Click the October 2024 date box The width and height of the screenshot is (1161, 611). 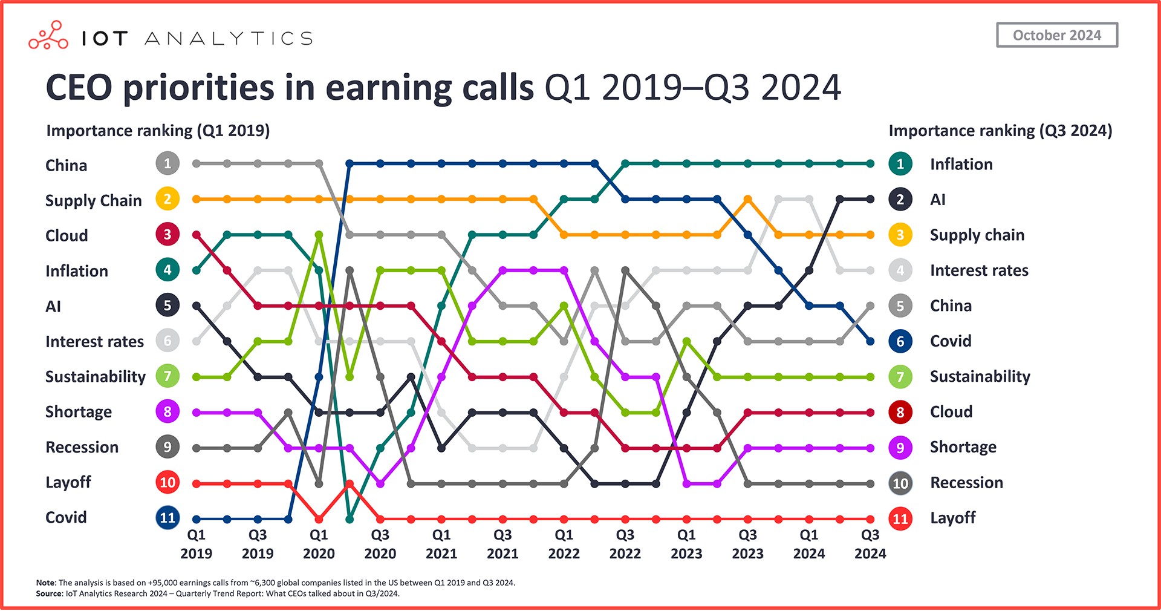coord(1056,35)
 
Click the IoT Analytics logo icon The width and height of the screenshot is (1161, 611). coord(48,36)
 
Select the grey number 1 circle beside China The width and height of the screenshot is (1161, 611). coord(167,163)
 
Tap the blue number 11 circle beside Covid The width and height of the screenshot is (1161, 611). coord(167,518)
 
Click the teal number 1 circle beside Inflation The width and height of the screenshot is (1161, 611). coord(900,164)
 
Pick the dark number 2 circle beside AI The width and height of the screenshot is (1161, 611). coord(900,199)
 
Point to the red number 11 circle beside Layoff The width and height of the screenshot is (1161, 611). coord(900,518)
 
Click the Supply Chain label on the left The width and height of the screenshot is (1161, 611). coord(93,200)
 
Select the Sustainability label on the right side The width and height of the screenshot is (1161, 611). coord(980,376)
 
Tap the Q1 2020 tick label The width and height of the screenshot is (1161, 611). coord(319,544)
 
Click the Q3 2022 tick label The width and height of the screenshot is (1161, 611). coord(625,544)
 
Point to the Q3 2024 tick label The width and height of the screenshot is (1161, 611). coord(870,544)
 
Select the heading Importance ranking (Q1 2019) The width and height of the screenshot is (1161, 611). coord(158,131)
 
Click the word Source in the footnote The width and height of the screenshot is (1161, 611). coord(49,593)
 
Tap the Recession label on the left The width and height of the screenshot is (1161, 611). coord(82,447)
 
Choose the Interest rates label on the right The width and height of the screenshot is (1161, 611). coord(978,270)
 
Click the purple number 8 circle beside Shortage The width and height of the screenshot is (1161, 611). coord(167,412)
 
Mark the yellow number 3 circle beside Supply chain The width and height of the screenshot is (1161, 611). coord(900,235)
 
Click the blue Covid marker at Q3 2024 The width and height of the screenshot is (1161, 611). coord(870,341)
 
